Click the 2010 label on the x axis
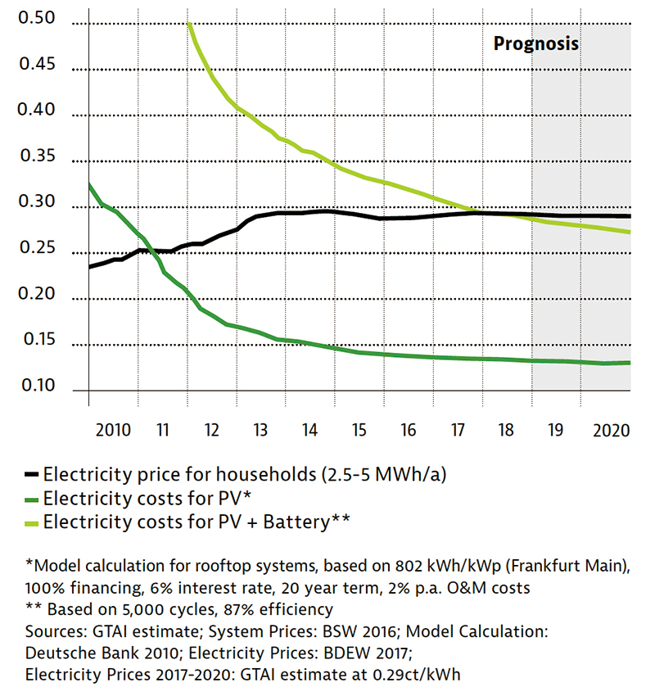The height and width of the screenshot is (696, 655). coord(113,431)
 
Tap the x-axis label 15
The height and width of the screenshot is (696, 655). coord(359,431)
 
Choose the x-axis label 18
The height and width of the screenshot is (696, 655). coord(507,431)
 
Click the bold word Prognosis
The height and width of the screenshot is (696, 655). coord(535,43)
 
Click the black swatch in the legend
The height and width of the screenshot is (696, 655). coord(32,475)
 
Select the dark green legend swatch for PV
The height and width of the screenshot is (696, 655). coord(32,498)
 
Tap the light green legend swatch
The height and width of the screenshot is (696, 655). coord(32,522)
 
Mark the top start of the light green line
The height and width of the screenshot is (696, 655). coord(189,24)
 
